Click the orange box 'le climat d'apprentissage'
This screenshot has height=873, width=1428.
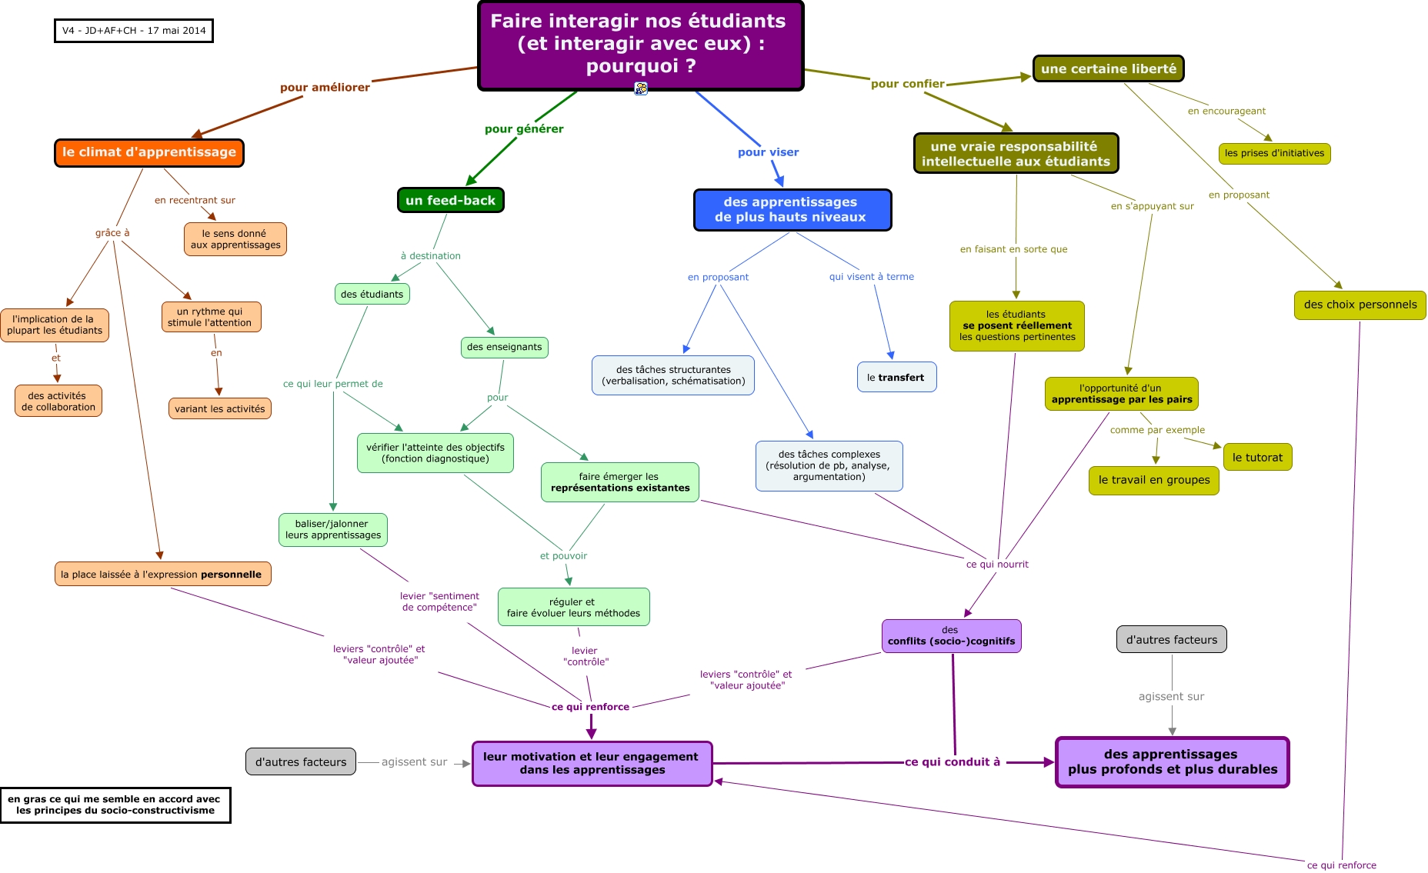149,152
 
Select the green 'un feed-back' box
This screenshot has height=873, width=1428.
450,200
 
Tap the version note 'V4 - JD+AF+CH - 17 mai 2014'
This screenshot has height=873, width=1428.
134,31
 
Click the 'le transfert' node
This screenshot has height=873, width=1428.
896,377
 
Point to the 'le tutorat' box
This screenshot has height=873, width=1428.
1257,457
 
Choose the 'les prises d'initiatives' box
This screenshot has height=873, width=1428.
1274,153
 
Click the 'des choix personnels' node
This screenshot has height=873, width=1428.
1360,305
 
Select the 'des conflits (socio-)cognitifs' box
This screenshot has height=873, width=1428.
951,635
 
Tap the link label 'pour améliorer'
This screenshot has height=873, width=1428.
325,88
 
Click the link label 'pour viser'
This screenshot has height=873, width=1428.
768,152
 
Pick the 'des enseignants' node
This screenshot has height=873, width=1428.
504,347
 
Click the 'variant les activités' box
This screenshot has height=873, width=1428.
219,408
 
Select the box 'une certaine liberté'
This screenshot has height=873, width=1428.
1108,68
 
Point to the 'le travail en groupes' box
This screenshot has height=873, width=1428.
1153,480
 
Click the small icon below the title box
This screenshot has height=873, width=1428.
641,88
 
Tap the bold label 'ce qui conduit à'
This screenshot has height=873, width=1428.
953,761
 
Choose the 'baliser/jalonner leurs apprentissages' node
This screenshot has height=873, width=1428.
332,529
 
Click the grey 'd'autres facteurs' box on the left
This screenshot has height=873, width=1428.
301,761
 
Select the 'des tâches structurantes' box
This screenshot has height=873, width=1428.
673,375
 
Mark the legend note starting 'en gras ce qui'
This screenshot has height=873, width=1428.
115,805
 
